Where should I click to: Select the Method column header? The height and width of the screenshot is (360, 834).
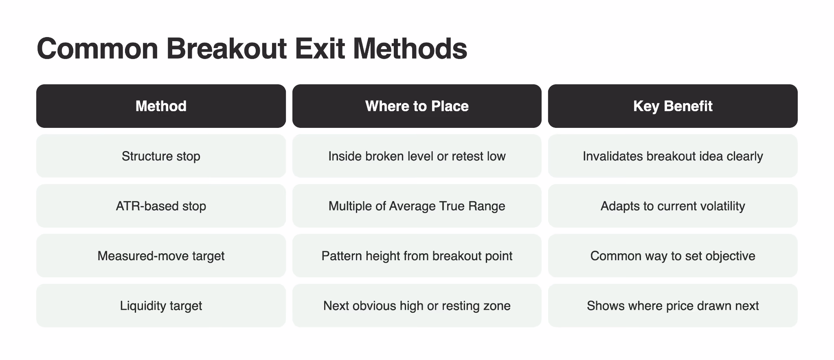161,106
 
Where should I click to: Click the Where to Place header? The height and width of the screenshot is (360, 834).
417,106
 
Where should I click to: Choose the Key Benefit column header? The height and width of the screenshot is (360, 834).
673,106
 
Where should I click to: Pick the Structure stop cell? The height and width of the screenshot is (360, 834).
161,156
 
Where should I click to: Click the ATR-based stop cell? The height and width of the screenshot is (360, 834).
161,206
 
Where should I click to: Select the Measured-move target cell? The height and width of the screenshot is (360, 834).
161,256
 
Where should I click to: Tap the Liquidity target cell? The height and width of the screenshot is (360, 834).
161,306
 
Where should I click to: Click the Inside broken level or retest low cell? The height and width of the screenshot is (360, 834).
417,156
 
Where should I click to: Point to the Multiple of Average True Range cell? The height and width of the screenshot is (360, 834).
417,206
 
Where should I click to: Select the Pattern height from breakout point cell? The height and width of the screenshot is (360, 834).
417,256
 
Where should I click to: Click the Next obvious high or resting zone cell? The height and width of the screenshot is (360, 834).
417,306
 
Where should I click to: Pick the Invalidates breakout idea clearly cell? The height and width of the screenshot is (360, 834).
673,156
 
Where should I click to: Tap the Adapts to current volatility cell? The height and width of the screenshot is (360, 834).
673,206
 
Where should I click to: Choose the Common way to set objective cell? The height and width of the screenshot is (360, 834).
673,256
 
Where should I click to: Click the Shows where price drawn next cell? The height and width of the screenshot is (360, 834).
673,306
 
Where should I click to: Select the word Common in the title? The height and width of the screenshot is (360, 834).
97,48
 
